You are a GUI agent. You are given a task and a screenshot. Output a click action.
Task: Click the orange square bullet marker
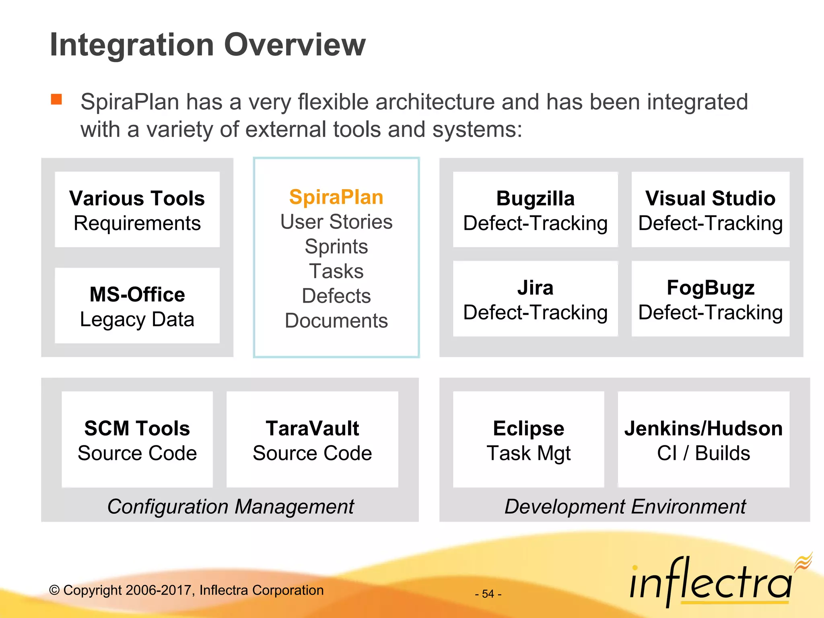point(56,99)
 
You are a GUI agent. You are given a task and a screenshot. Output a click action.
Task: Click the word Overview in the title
point(295,45)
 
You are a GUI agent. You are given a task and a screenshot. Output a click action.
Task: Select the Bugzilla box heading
point(535,198)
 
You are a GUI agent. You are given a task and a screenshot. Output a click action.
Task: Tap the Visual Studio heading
point(710,198)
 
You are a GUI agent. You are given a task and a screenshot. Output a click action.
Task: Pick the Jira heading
point(535,288)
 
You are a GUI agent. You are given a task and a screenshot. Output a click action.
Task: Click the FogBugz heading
point(710,288)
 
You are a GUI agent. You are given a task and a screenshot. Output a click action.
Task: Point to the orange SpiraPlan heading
point(336,197)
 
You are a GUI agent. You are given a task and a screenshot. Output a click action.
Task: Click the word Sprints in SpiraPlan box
point(336,246)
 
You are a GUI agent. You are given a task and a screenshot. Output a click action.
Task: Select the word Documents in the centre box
point(336,321)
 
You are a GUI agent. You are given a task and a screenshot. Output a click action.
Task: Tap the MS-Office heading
point(137,295)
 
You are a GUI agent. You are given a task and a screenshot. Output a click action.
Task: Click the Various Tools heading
point(137,198)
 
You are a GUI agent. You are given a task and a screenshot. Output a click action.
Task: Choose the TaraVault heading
point(312,428)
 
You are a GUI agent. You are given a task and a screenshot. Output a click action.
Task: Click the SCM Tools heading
point(137,428)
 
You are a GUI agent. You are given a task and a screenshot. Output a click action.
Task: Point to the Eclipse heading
point(528,428)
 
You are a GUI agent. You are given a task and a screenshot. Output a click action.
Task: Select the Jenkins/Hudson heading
point(703,428)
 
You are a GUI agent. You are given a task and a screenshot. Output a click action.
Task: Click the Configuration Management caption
point(231,506)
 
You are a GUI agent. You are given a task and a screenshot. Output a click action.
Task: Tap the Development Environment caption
point(625,506)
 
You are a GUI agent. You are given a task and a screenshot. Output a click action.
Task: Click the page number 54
point(488,594)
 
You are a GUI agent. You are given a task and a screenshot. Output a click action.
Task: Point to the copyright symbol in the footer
point(54,590)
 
